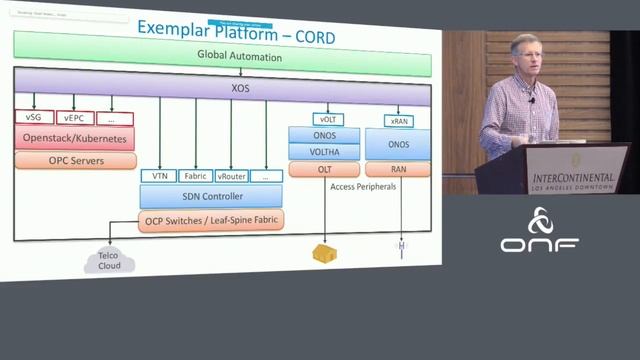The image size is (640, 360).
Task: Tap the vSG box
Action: click(x=33, y=118)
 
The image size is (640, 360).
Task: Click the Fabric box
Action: click(x=196, y=176)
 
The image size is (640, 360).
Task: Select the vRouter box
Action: click(x=232, y=176)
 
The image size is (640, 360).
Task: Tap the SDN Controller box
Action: click(x=211, y=196)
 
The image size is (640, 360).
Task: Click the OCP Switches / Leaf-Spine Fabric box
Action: click(x=211, y=219)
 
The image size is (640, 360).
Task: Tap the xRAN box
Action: click(x=399, y=120)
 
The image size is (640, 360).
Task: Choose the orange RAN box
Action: click(x=399, y=169)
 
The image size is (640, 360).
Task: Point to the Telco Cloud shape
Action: click(x=108, y=262)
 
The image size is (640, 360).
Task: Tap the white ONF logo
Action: click(x=540, y=233)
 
